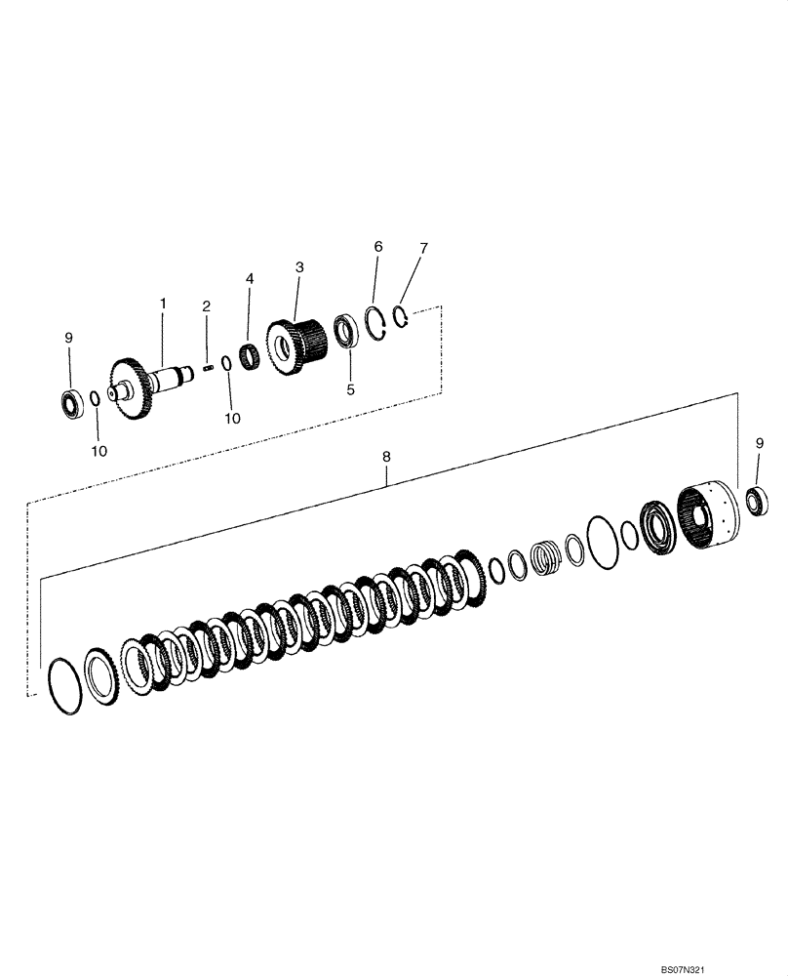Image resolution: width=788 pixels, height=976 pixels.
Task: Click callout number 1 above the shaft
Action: click(163, 305)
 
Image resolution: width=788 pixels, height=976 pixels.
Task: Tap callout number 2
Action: click(207, 306)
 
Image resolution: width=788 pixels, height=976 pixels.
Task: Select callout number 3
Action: click(299, 266)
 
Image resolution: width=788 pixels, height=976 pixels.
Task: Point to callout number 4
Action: click(250, 279)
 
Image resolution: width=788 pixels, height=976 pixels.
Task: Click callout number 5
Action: click(349, 387)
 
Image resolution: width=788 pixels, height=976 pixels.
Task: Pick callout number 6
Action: click(377, 248)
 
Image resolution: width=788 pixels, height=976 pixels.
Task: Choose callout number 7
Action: click(423, 249)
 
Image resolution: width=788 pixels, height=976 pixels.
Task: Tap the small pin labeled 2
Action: click(208, 367)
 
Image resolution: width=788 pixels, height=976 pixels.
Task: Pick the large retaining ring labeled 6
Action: click(378, 323)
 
